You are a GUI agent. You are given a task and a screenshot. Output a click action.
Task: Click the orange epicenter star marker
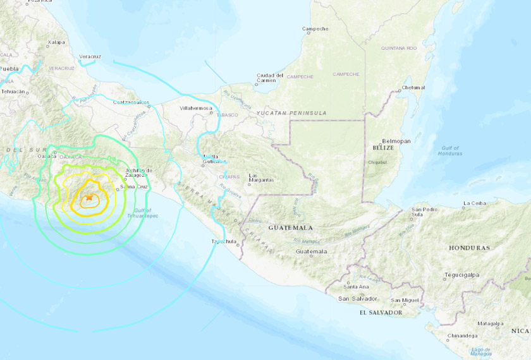point(89,198)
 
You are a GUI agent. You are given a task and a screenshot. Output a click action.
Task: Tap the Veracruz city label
point(90,56)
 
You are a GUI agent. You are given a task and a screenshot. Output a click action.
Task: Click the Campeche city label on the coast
point(315,28)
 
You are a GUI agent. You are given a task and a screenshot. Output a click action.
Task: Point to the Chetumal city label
point(413,87)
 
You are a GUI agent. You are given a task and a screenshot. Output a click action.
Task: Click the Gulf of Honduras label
point(449,150)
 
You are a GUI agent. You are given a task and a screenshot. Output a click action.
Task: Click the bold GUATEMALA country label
point(290,227)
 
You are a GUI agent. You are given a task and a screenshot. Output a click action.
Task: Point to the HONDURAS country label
point(470,248)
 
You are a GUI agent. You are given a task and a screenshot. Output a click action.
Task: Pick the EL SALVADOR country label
point(381,312)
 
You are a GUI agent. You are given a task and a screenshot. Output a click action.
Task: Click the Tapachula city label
point(223,241)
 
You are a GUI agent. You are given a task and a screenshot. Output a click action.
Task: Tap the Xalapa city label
point(56,43)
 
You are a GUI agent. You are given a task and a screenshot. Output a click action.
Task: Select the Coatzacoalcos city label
point(130,101)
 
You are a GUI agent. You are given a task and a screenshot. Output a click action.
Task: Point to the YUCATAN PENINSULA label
point(291,112)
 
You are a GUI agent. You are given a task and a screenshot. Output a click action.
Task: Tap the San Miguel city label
point(404,300)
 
